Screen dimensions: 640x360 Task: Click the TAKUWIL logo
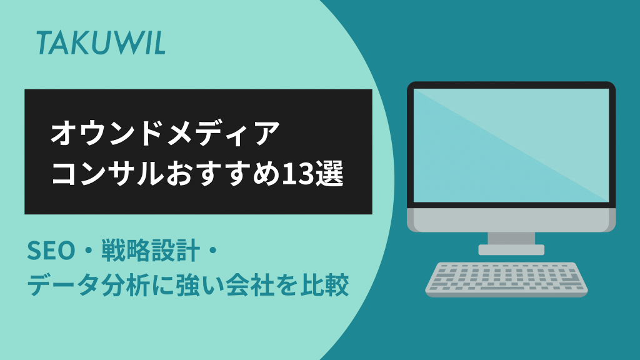coord(101,43)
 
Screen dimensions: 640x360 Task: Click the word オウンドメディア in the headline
coord(165,134)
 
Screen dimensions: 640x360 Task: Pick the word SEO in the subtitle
coord(51,251)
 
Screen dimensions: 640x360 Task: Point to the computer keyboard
coord(506,279)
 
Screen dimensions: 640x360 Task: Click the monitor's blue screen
coord(511,145)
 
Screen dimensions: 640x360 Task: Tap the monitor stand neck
coord(511,238)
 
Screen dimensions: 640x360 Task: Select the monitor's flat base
coord(511,250)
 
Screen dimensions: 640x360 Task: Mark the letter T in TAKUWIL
coord(44,43)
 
